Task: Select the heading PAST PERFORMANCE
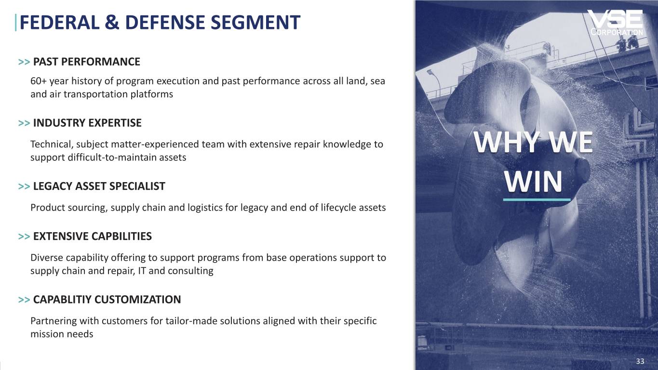coord(86,62)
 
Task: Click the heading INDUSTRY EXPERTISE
coord(87,123)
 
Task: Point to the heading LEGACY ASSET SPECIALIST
coord(99,186)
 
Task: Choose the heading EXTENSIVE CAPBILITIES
coord(92,236)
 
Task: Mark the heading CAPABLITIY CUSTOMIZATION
coord(107,300)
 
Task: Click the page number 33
coord(640,362)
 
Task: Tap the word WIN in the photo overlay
coord(534,183)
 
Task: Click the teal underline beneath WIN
coord(537,199)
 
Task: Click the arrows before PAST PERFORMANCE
coord(24,62)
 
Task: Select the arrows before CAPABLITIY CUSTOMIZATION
coord(24,300)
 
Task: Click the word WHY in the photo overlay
coord(506,143)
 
